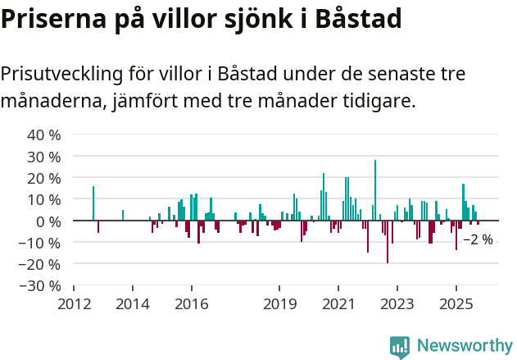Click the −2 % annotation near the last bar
(478, 239)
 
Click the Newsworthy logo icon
(400, 346)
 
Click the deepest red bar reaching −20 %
(388, 242)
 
